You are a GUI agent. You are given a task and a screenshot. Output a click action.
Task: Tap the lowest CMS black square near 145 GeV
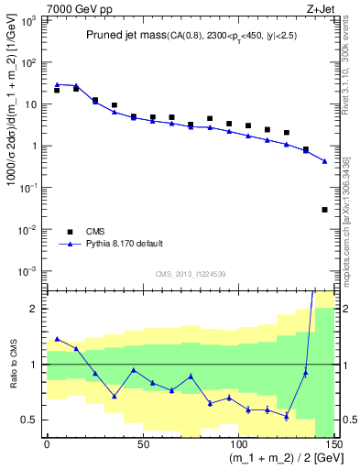point(324,210)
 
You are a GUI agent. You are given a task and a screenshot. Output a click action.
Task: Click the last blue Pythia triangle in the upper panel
point(324,161)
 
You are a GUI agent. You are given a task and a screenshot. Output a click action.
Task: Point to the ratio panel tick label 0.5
point(30,420)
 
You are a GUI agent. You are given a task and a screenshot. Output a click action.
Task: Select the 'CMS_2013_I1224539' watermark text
point(191,273)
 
